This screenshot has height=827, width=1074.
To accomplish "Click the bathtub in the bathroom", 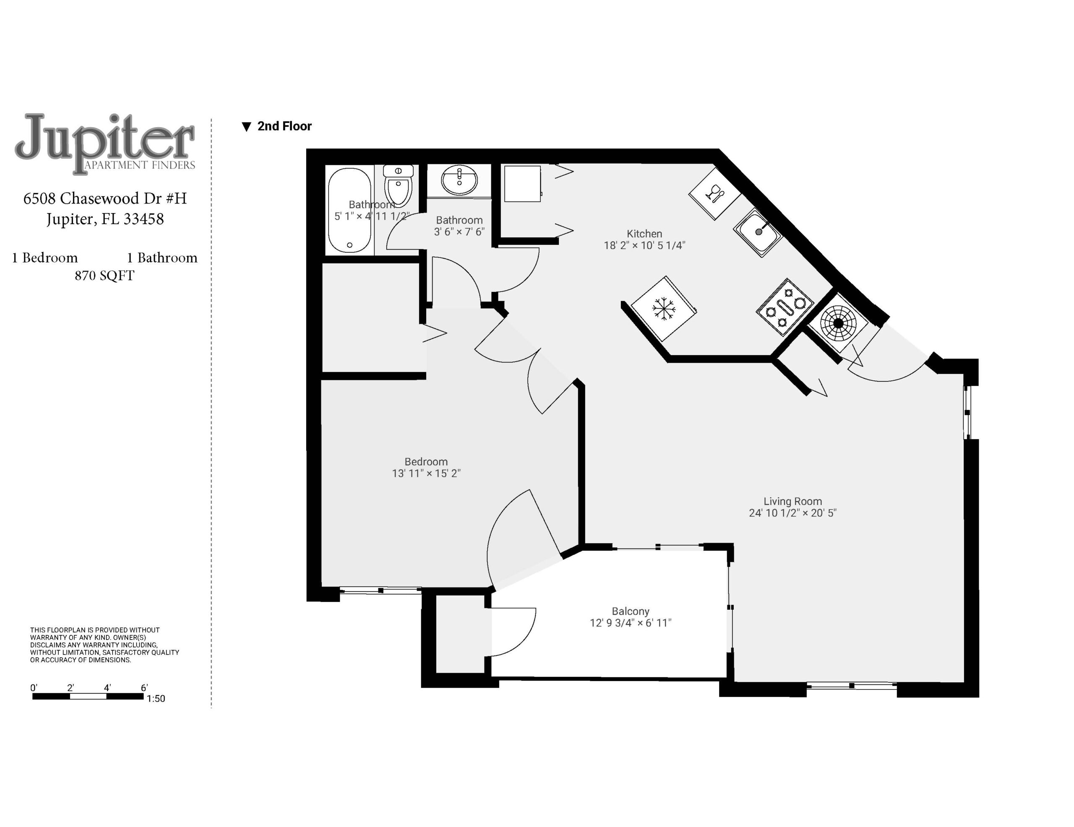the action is click(x=349, y=211).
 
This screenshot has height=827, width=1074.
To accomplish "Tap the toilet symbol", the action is click(x=398, y=186).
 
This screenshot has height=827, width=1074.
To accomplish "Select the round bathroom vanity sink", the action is click(x=459, y=180).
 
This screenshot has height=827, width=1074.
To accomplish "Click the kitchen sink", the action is click(x=758, y=233).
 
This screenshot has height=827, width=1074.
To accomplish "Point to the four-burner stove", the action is click(x=785, y=307).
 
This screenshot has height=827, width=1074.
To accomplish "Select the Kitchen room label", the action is click(x=644, y=234).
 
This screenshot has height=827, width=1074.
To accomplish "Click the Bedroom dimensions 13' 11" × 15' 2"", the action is click(x=426, y=473).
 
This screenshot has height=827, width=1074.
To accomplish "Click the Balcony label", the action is click(x=631, y=611).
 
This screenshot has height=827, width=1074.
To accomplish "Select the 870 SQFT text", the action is click(x=104, y=276).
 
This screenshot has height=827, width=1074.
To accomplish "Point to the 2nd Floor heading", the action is click(x=284, y=126).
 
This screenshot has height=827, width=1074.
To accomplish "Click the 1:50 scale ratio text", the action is click(x=156, y=699).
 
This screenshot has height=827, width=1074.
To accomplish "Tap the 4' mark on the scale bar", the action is click(x=107, y=688).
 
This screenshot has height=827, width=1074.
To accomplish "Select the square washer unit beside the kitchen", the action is click(x=523, y=183).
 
